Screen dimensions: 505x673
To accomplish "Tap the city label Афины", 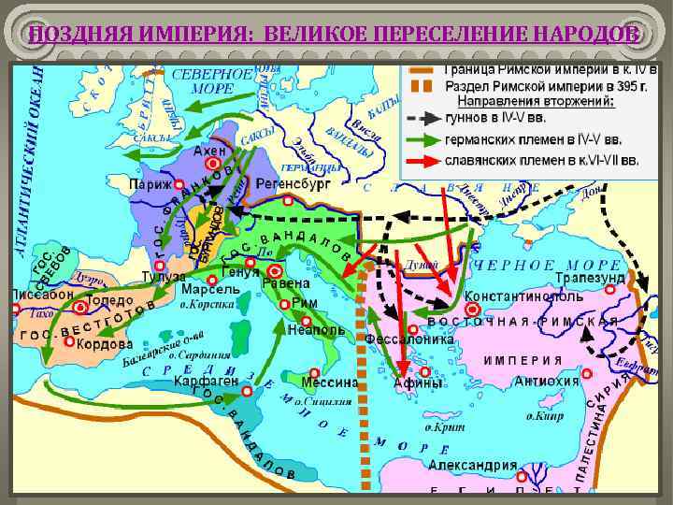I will click(x=418, y=382).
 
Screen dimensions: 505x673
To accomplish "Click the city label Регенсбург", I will click(x=290, y=182).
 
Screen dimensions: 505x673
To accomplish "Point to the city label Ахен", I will click(x=209, y=150).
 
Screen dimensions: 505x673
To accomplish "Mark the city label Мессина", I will click(x=330, y=382).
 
